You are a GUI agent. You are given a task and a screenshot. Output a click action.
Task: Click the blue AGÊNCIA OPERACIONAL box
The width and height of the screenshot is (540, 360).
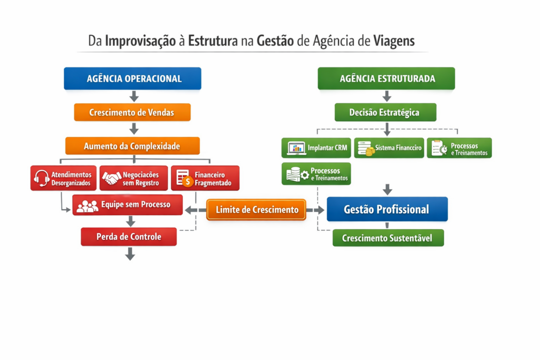coord(132,79)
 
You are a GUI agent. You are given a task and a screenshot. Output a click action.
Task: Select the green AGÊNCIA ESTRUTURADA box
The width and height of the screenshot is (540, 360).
coord(386,79)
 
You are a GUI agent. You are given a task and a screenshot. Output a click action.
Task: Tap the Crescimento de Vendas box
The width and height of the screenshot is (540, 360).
coord(132,112)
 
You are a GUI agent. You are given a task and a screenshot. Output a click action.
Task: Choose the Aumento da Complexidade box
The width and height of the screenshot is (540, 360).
coord(132,146)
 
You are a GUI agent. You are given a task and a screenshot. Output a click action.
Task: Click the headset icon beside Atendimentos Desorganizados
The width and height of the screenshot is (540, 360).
coord(42,178)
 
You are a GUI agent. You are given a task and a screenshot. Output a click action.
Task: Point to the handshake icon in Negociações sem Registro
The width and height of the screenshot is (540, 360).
coord(112,178)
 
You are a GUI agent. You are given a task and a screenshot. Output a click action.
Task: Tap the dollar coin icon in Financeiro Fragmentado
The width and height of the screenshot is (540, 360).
coord(188,181)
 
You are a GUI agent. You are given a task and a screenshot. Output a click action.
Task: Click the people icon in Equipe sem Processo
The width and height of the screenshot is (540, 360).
coord(87,206)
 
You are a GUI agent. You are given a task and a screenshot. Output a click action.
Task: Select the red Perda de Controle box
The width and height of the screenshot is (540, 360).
coord(129,237)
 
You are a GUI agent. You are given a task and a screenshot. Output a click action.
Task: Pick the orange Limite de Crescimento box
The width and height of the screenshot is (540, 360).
coord(256,210)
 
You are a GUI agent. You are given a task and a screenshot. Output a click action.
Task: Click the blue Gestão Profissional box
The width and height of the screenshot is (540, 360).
coord(387,209)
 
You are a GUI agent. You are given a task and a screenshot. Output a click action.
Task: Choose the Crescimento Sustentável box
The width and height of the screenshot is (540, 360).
coord(388,238)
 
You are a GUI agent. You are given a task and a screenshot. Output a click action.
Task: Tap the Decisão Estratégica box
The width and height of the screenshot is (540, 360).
coord(385,112)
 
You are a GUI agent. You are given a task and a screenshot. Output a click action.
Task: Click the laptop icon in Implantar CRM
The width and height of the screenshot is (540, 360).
coord(296,148)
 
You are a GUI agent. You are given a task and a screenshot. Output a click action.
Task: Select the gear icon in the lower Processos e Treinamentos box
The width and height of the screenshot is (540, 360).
coord(305,175)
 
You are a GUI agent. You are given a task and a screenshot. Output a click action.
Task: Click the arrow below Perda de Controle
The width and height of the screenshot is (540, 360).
coord(130,254)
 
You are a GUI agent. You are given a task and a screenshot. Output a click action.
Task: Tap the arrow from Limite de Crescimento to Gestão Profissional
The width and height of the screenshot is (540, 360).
coord(315,210)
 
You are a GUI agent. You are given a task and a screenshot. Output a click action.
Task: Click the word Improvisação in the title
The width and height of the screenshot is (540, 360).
coord(140,41)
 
